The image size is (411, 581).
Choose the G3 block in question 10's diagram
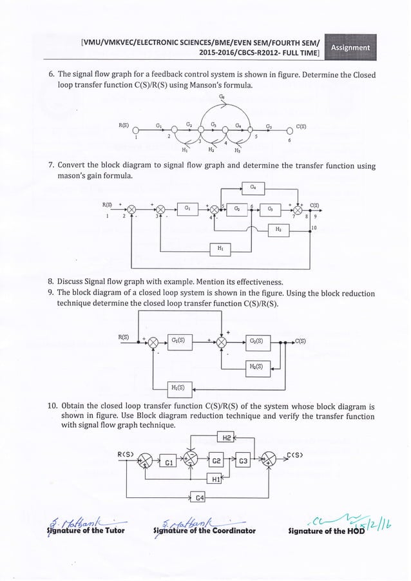[244, 461]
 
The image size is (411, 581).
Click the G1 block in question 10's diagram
[167, 462]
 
